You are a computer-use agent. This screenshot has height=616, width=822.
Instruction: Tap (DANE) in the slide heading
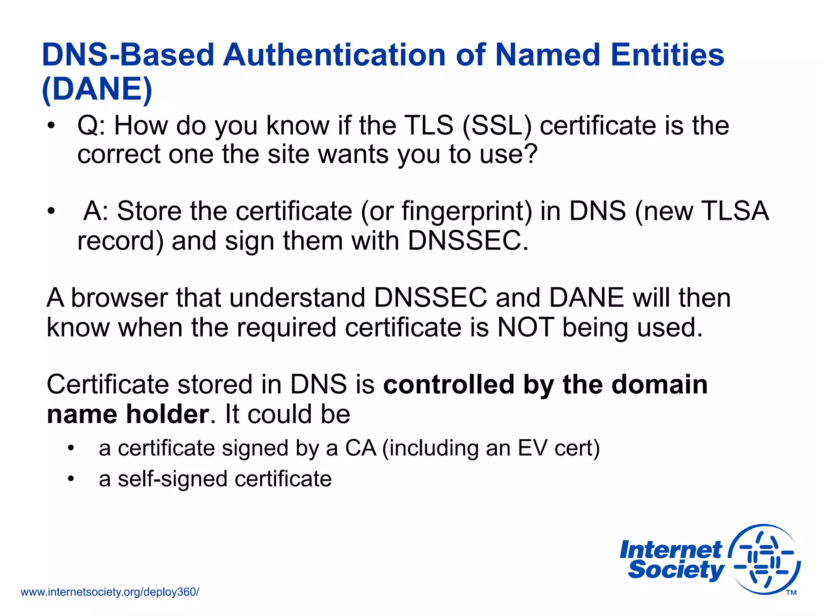pos(97,89)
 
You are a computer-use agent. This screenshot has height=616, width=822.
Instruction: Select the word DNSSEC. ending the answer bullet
pos(468,241)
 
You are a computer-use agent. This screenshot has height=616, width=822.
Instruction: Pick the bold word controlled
pos(449,384)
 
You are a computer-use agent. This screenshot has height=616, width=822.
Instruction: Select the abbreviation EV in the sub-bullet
pos(532,448)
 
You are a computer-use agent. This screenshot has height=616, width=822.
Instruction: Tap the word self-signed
pos(163,479)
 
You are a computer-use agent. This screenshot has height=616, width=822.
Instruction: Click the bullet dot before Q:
pos(51,126)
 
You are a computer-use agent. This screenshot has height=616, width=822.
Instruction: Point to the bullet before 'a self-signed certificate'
pos(71,479)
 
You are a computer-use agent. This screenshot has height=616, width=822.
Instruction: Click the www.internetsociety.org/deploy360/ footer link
pos(110,592)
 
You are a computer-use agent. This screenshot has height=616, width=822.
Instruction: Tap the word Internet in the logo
pos(670,550)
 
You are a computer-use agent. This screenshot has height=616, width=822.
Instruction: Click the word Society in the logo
pos(676,570)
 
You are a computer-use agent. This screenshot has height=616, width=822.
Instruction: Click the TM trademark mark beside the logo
pos(791,593)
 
